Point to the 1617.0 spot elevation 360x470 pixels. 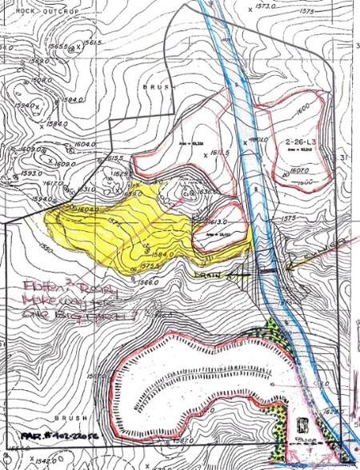(54, 183)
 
